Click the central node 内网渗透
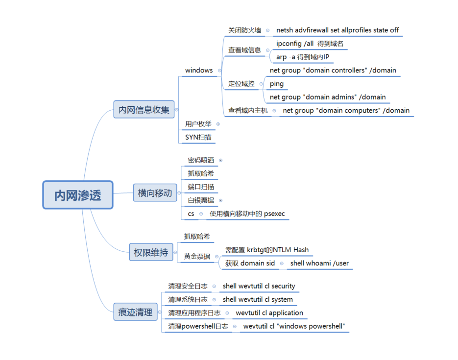pos(78,195)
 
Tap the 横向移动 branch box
pos(155,193)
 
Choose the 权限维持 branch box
pos(151,253)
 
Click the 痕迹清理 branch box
pos(136,312)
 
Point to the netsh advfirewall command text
pos(337,30)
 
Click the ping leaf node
pos(277,84)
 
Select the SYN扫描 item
pos(198,138)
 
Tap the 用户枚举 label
pos(198,124)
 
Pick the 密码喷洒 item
pos(201,160)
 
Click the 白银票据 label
pos(201,200)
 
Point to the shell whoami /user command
pos(319,264)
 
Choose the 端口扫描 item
pos(201,187)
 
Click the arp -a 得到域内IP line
pos(302,57)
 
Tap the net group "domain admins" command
pos(328,97)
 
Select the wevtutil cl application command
pos(269,313)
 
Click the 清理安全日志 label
pos(188,286)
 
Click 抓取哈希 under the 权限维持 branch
pos(197,237)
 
